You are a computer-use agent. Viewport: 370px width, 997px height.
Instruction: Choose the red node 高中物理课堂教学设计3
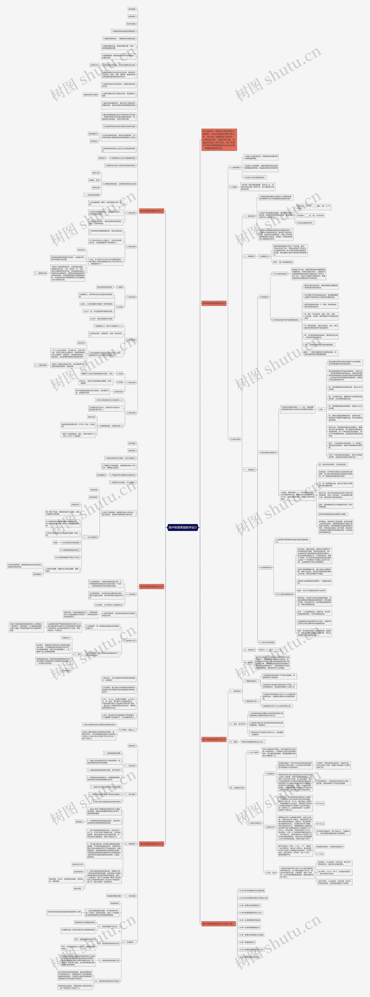[x=152, y=586]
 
